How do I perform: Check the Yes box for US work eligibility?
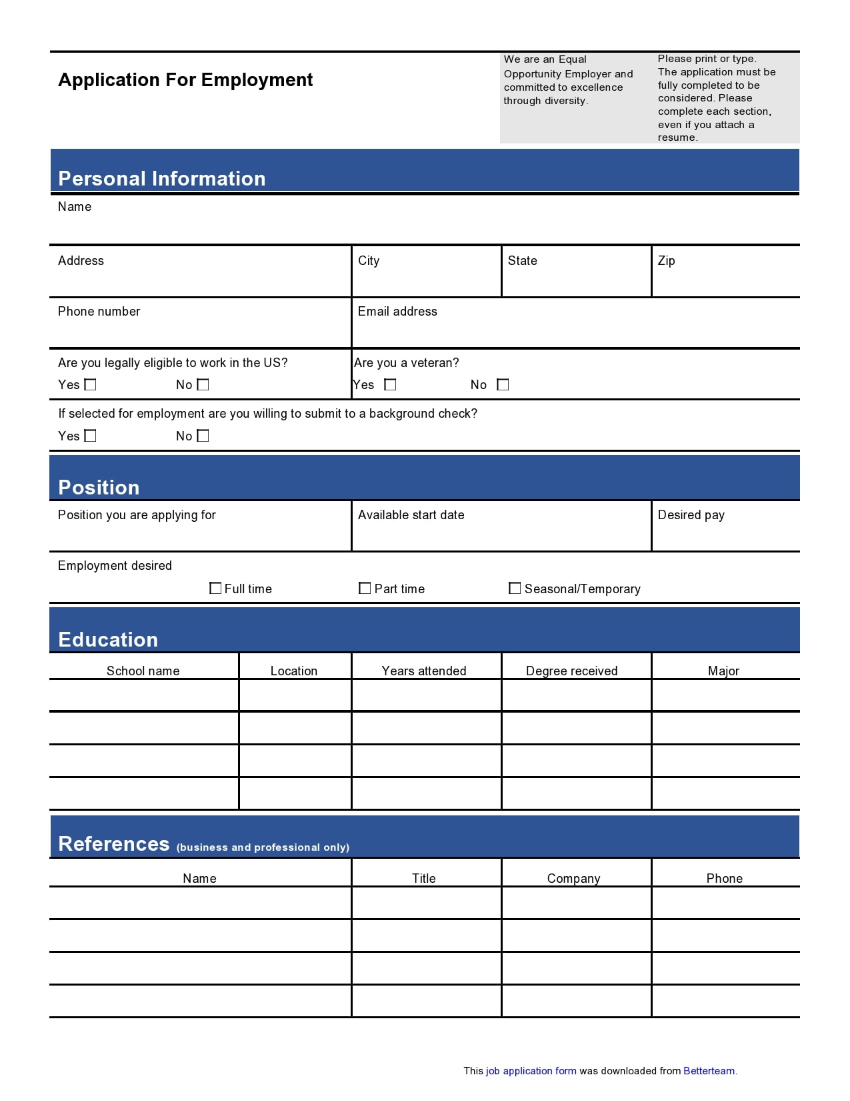(91, 384)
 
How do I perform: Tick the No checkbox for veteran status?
(503, 384)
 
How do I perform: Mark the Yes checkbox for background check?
(91, 436)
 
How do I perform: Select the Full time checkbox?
(215, 588)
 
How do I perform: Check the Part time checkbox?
(365, 588)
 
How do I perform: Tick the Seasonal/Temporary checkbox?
(515, 588)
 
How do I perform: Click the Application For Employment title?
(185, 80)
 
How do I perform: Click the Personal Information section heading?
(162, 178)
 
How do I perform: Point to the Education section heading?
(108, 639)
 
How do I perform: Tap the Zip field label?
(666, 261)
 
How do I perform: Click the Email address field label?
(397, 312)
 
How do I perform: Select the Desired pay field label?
(691, 515)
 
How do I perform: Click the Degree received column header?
(571, 671)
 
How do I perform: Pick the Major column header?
(723, 671)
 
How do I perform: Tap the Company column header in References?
(573, 878)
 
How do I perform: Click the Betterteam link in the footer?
(709, 1071)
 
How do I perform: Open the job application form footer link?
(531, 1071)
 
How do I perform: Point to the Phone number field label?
(99, 312)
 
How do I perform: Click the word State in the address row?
(522, 261)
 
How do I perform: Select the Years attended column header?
(424, 671)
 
